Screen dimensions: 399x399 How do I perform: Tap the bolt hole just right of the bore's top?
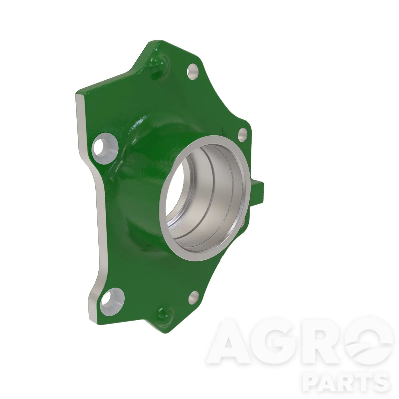[242, 135]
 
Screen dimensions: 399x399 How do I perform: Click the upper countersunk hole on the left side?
[105, 148]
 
